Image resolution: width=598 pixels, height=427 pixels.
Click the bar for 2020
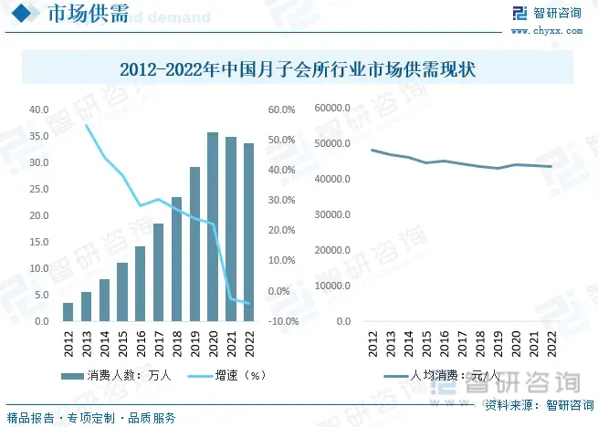pyautogui.click(x=213, y=227)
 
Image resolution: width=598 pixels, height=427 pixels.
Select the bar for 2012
pyautogui.click(x=68, y=312)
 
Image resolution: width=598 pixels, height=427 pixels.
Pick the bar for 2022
pyautogui.click(x=248, y=233)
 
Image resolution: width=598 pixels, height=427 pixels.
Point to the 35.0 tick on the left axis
pyautogui.click(x=39, y=136)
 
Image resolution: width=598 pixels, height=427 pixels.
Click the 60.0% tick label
pyautogui.click(x=280, y=109)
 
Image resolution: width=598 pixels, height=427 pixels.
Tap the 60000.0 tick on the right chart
pyautogui.click(x=332, y=109)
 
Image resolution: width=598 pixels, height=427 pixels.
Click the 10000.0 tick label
pyautogui.click(x=332, y=286)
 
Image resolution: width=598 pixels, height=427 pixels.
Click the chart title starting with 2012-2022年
pyautogui.click(x=299, y=69)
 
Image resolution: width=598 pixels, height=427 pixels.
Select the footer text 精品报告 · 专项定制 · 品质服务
pyautogui.click(x=91, y=417)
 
